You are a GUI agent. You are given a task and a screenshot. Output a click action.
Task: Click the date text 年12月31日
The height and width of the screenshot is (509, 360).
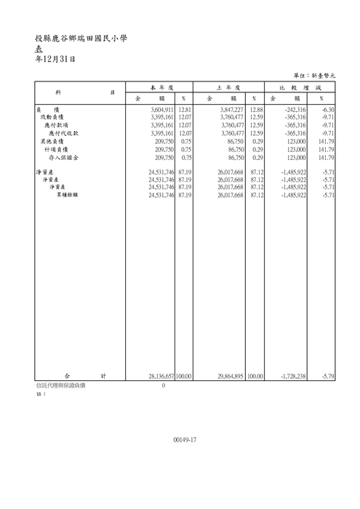click(x=55, y=59)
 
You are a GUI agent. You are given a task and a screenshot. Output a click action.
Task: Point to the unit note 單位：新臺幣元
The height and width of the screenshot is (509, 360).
click(x=315, y=76)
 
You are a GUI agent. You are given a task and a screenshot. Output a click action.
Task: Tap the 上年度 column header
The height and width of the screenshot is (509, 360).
click(x=229, y=87)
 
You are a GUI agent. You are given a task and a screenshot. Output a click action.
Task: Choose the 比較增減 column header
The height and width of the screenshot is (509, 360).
click(x=300, y=87)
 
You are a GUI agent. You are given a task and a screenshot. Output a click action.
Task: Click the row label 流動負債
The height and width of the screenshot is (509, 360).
click(x=52, y=116)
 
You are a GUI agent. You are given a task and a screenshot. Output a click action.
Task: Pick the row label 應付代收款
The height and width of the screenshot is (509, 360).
click(x=63, y=133)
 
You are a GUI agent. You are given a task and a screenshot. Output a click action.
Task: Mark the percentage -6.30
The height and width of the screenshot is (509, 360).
click(x=327, y=108)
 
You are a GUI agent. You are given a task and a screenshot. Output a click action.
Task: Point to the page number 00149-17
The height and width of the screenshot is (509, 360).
click(x=185, y=441)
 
